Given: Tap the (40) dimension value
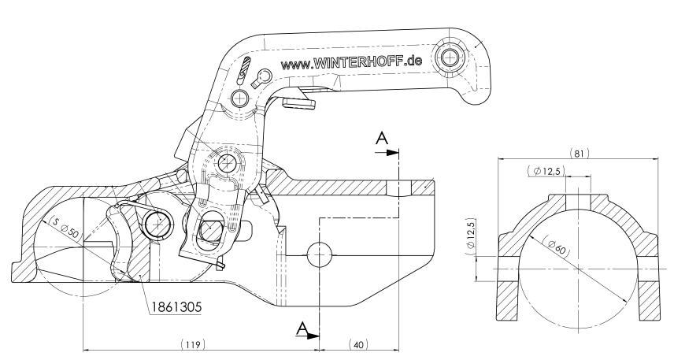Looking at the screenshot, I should pyautogui.click(x=358, y=344).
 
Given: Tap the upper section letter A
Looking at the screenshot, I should pyautogui.click(x=382, y=139).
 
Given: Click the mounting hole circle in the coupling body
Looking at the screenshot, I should pyautogui.click(x=320, y=253).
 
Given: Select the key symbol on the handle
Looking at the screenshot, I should pyautogui.click(x=261, y=76).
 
